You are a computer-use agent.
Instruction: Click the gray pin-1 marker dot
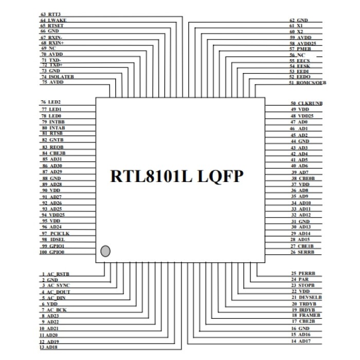coord(105,251)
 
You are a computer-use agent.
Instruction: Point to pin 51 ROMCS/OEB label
coord(308,82)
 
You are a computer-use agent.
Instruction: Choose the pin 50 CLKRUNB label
coord(306,103)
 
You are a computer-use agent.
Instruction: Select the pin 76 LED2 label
coord(51,102)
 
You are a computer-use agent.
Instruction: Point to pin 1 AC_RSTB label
coord(56,274)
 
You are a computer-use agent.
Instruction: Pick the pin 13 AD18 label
coord(50,348)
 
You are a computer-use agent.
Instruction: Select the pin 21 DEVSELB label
coord(305,297)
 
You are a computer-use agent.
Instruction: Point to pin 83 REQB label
coord(52,147)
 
